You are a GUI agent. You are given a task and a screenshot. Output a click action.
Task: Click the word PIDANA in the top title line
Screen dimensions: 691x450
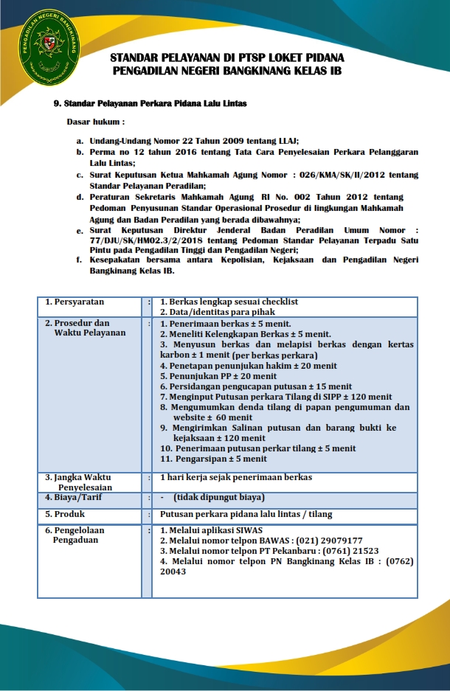[323, 58]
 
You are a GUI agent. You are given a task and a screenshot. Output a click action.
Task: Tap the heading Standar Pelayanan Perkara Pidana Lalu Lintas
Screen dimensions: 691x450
[155, 103]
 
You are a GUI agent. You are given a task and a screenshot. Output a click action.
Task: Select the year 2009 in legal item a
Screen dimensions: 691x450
[212, 140]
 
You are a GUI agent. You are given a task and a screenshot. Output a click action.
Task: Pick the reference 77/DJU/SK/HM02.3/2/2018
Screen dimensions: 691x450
[149, 240]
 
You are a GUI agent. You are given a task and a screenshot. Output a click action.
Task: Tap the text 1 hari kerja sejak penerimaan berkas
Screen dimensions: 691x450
[236, 477]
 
